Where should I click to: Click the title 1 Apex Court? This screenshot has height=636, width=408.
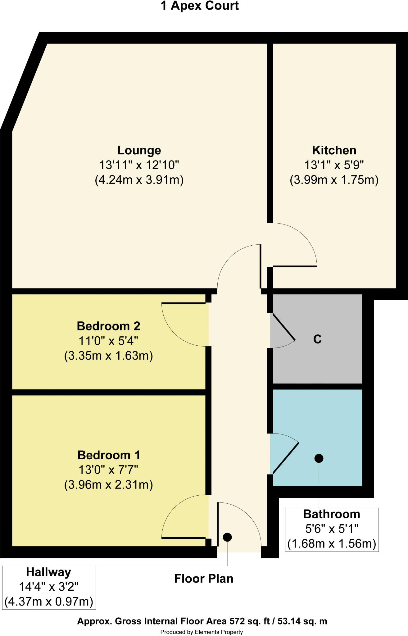pyautogui.click(x=200, y=6)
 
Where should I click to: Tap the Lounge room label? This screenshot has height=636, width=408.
pyautogui.click(x=139, y=150)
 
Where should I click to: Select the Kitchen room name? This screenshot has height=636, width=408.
pyautogui.click(x=334, y=150)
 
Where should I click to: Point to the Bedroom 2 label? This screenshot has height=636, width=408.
pyautogui.click(x=108, y=326)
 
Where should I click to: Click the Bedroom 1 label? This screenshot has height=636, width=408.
pyautogui.click(x=109, y=455)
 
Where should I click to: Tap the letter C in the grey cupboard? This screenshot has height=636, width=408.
pyautogui.click(x=317, y=339)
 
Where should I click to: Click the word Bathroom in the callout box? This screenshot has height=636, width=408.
pyautogui.click(x=332, y=514)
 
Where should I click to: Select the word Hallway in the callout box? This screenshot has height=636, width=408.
pyautogui.click(x=48, y=572)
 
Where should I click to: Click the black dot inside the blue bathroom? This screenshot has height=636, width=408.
pyautogui.click(x=319, y=458)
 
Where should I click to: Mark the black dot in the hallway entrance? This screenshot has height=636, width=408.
pyautogui.click(x=227, y=537)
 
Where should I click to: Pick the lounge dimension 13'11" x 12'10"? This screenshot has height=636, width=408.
pyautogui.click(x=139, y=165)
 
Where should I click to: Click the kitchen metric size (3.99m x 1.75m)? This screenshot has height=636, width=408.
pyautogui.click(x=334, y=180)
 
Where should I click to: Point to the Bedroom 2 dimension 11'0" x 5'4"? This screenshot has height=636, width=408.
pyautogui.click(x=108, y=341)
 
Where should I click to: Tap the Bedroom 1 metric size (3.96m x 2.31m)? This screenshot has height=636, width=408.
pyautogui.click(x=109, y=485)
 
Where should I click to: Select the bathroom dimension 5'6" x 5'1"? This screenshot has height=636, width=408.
pyautogui.click(x=332, y=529)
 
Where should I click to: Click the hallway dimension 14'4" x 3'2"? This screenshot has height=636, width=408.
pyautogui.click(x=48, y=587)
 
